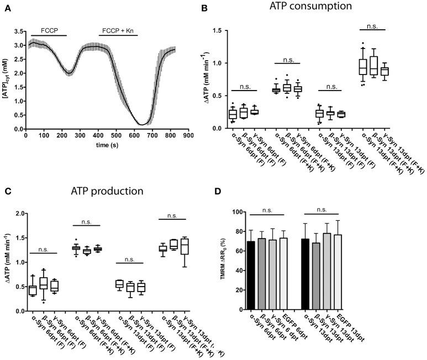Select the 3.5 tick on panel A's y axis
pyautogui.click(x=19, y=31)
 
